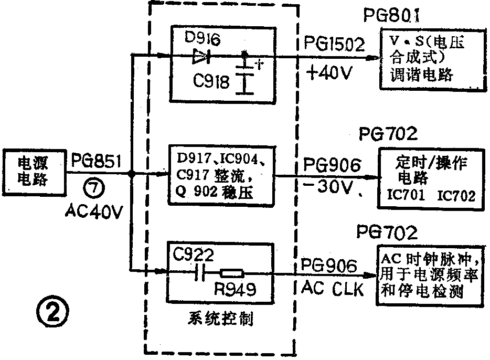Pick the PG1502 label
point(334,45)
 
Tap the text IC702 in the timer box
point(457,196)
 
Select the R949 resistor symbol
point(232,273)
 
